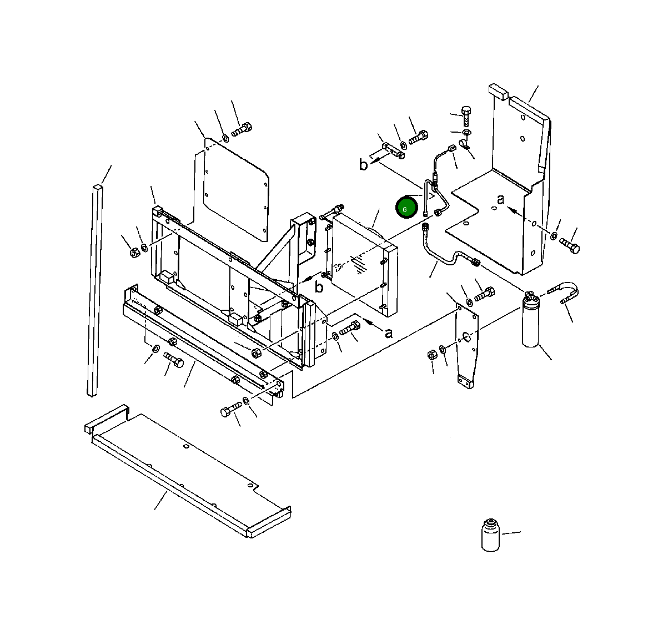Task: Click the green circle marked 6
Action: (x=406, y=208)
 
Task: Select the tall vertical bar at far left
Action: (x=94, y=289)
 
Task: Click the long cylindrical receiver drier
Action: (x=531, y=322)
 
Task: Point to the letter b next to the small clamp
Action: (x=363, y=165)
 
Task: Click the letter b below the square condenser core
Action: (x=319, y=287)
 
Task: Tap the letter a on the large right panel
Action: (x=500, y=199)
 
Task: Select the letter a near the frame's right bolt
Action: (x=388, y=333)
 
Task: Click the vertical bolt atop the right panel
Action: (x=466, y=115)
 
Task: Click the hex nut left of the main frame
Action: (x=134, y=253)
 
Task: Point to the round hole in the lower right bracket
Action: (x=466, y=336)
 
